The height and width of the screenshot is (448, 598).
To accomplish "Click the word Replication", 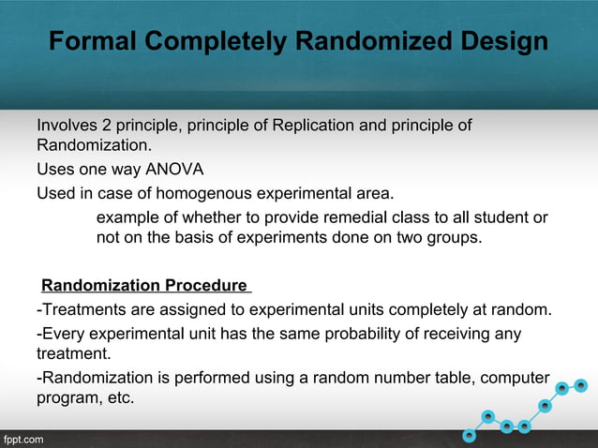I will tap(312, 125).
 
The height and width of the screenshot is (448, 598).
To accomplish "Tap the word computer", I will tap(515, 378).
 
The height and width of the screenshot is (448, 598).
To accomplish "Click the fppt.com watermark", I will tap(22, 439).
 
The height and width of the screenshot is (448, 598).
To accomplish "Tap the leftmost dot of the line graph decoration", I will tap(470, 435).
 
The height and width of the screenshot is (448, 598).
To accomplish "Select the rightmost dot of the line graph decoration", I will tap(581, 384).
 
